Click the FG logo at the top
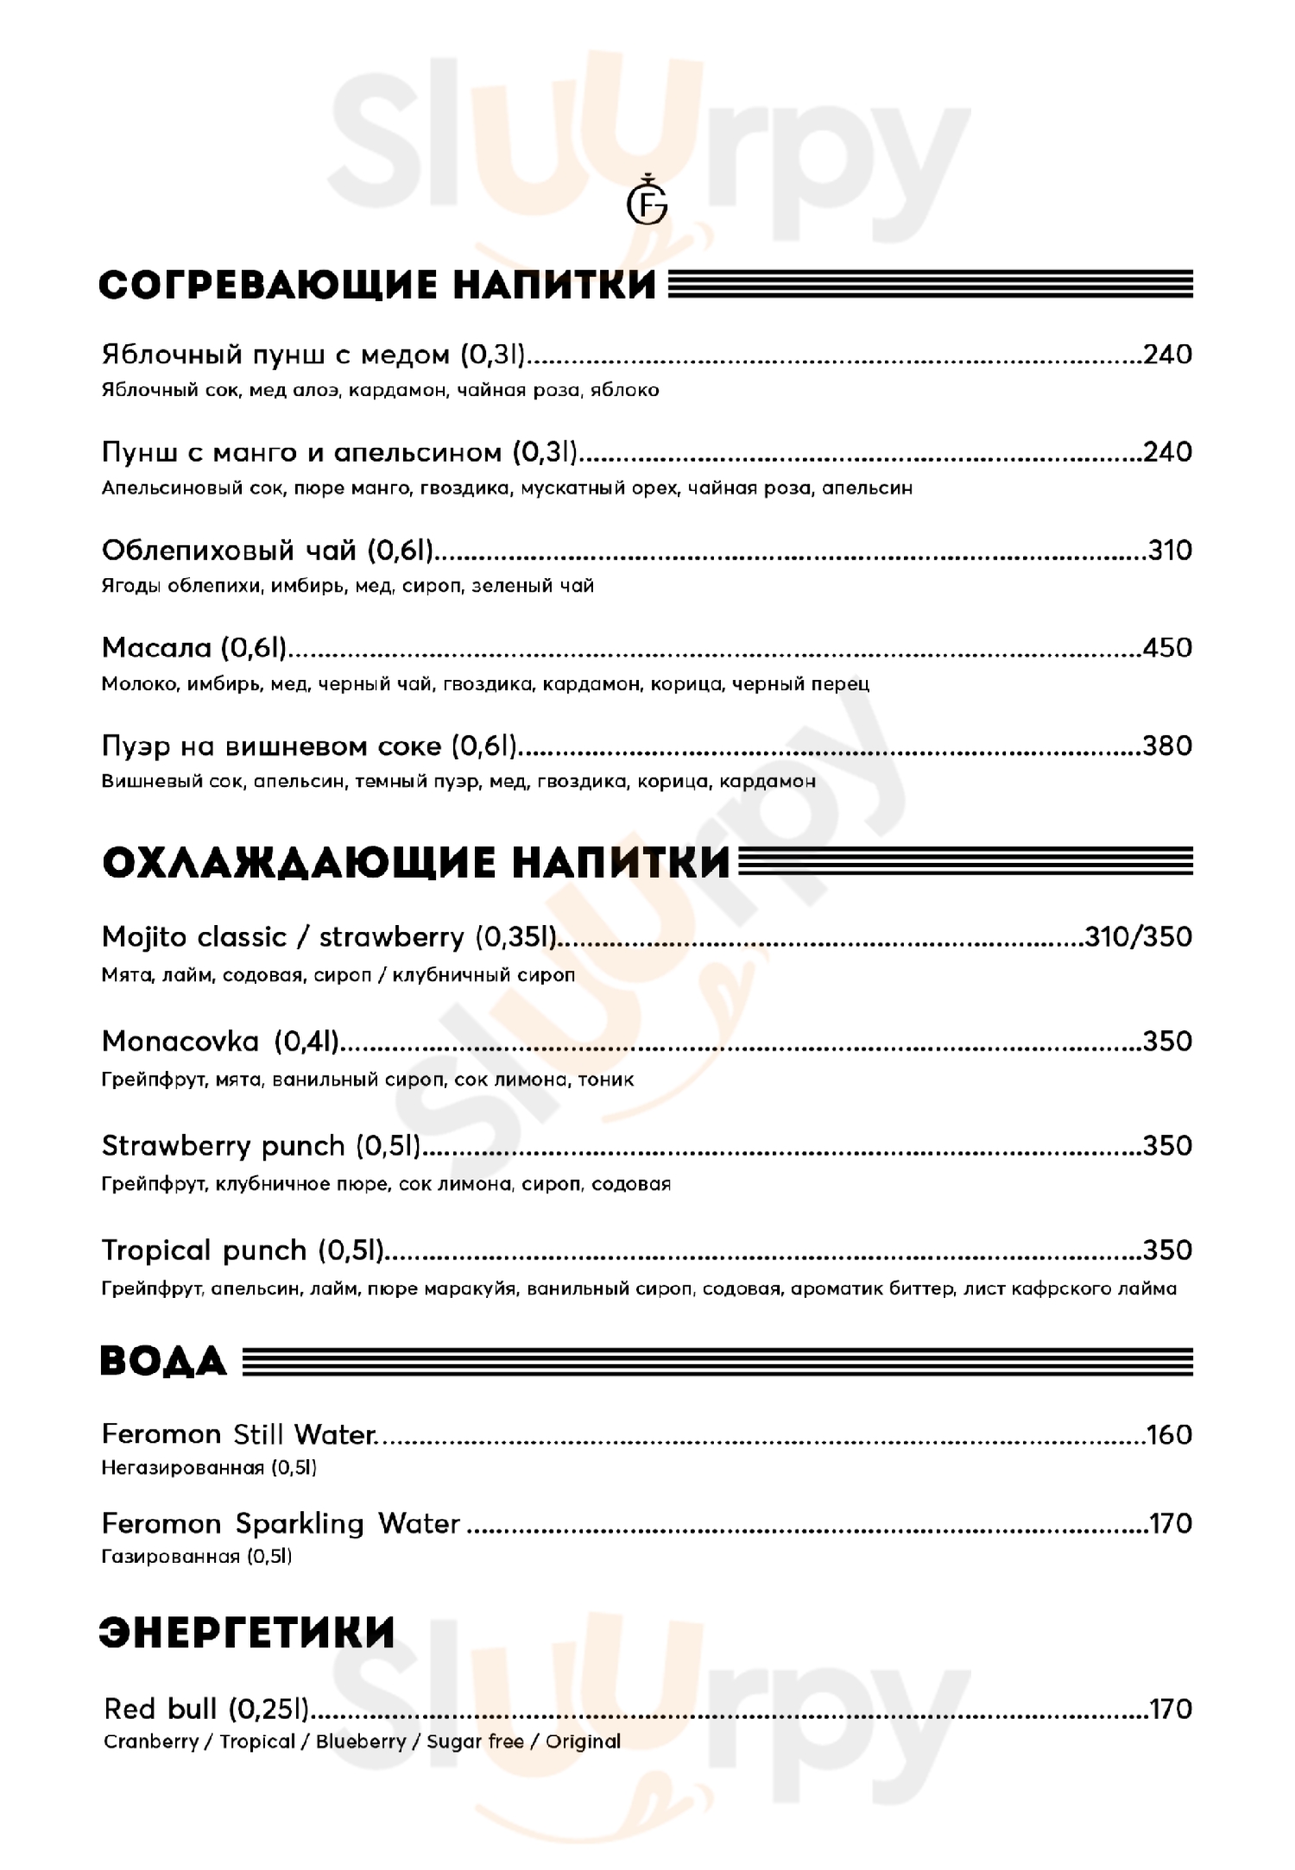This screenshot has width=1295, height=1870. point(647,205)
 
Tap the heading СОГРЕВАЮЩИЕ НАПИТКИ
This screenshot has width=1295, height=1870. point(377,286)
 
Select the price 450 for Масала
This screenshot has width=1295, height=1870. point(1167,648)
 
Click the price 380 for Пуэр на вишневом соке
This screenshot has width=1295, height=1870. point(1167,746)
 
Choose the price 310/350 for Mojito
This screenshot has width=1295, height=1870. point(1139,937)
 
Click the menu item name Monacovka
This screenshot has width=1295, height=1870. point(180,1042)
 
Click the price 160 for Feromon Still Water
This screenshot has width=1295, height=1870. point(1170,1435)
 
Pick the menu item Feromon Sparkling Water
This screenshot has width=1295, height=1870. point(281,1524)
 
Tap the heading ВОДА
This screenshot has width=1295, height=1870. point(163,1362)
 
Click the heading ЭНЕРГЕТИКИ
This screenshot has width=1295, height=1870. point(247,1633)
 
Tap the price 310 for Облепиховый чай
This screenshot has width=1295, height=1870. point(1170,550)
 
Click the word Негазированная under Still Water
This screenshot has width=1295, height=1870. point(182,1468)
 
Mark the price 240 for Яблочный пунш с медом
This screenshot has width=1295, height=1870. point(1167,355)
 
